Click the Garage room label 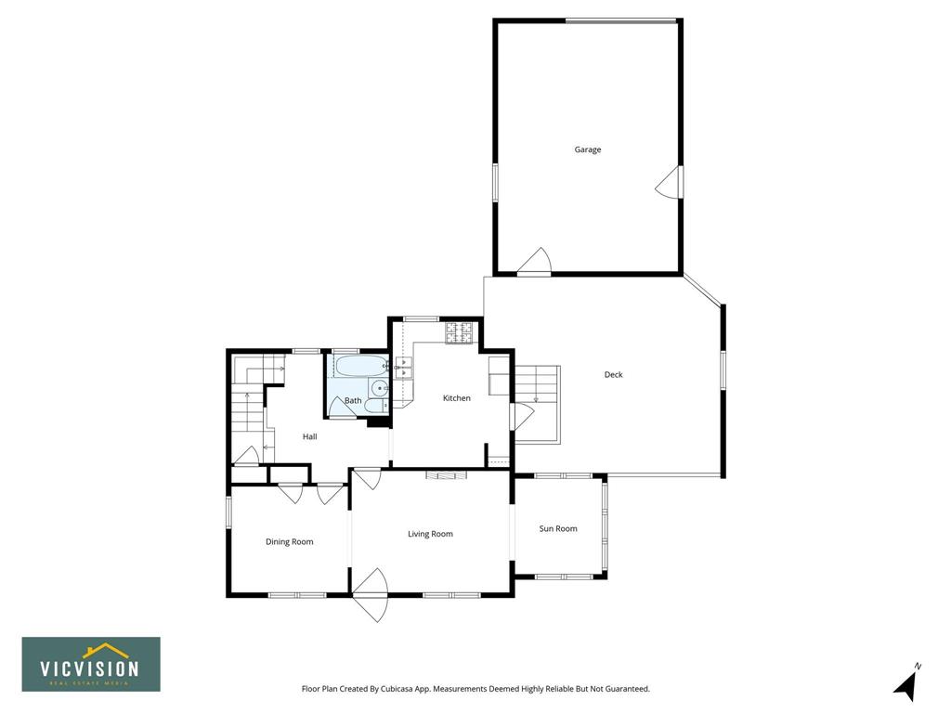pos(588,149)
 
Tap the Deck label pos(613,375)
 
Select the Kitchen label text pos(457,398)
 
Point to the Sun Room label pos(558,528)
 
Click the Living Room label pos(430,534)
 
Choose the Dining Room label pos(290,542)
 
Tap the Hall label pos(309,436)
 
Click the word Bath pos(353,401)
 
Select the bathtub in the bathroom pos(361,366)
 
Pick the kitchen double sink pos(404,368)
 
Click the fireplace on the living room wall pos(447,475)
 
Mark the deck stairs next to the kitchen pos(537,405)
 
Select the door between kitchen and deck pos(522,417)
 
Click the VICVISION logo pos(91,665)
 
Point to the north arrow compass pos(907,683)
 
